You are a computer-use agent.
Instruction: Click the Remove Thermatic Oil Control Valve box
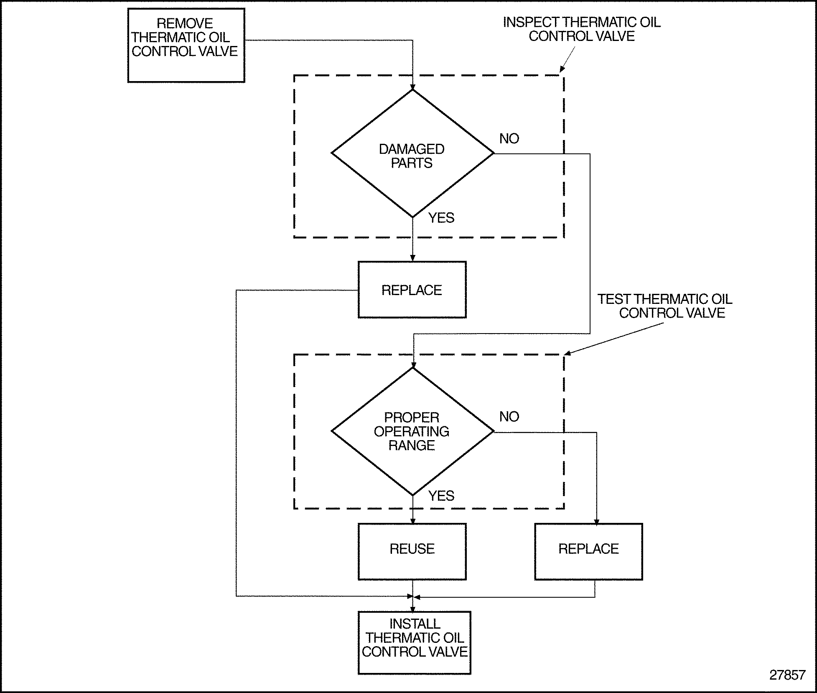point(186,46)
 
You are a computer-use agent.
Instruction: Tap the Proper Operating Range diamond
point(412,431)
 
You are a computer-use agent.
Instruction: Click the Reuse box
point(412,551)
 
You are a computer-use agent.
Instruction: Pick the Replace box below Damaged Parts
point(412,290)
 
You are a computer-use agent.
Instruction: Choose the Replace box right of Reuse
point(588,551)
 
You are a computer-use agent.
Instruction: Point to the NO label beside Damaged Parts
point(509,138)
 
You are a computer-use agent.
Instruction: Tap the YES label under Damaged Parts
point(441,218)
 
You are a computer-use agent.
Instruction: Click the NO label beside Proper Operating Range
point(509,416)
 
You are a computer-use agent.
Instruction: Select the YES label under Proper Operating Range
point(441,496)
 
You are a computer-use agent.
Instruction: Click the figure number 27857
point(787,675)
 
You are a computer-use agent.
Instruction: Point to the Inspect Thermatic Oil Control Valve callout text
point(582,29)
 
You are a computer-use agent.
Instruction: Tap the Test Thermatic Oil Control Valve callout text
point(665,306)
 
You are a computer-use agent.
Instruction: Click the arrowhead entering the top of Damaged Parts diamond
point(412,87)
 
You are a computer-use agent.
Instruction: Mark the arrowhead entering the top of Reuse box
point(412,521)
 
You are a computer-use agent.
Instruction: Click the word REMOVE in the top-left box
point(185,23)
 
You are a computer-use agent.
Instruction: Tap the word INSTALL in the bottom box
point(415,624)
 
